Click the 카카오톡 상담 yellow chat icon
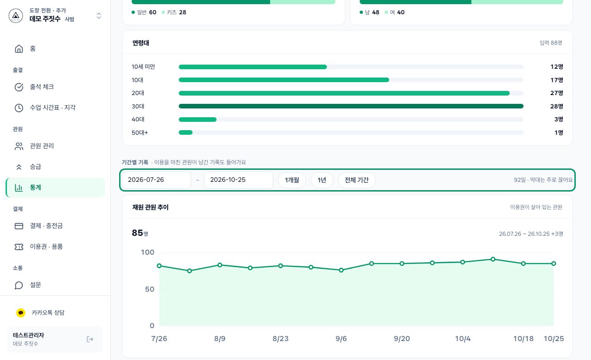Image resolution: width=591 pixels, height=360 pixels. (x=21, y=313)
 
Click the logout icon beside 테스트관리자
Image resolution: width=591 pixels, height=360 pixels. (x=90, y=339)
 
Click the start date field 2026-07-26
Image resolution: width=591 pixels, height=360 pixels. (x=157, y=180)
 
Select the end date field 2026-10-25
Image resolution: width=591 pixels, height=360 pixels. (x=239, y=180)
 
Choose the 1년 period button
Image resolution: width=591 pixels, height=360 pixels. (x=322, y=180)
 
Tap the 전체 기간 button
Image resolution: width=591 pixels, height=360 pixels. (x=357, y=180)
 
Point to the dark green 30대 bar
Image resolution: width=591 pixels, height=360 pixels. (x=351, y=106)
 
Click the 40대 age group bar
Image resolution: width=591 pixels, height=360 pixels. (x=198, y=120)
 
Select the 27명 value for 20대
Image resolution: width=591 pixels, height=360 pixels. (x=557, y=93)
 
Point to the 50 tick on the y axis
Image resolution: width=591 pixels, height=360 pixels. (x=150, y=289)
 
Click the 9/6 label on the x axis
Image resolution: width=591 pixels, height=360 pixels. (x=341, y=339)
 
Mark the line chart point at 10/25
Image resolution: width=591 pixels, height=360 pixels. (x=554, y=264)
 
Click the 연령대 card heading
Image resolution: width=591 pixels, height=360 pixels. (x=141, y=43)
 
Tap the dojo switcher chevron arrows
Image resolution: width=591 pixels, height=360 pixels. (x=99, y=16)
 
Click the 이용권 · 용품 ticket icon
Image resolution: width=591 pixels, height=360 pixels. (x=19, y=247)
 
